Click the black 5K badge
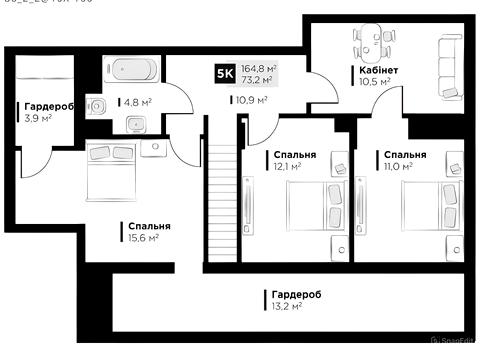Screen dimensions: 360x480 tap(226, 74)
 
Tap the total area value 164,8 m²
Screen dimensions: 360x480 tap(259, 68)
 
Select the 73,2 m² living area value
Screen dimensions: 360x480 tap(257, 80)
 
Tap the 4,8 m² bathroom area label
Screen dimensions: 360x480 tap(137, 101)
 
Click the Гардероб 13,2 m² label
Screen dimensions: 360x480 tap(295, 300)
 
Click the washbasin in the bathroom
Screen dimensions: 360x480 tap(136, 124)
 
